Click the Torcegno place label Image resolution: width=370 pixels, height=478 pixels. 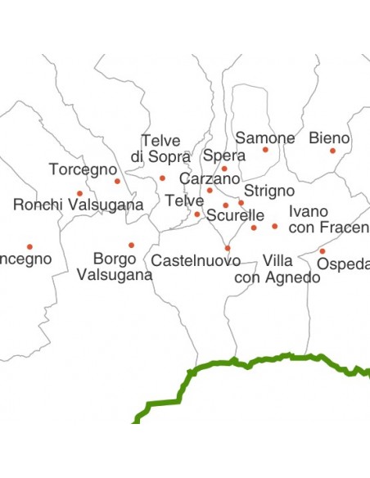(x=83, y=169)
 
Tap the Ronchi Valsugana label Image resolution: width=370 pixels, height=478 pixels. (x=79, y=205)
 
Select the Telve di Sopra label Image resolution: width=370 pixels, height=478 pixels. (x=160, y=148)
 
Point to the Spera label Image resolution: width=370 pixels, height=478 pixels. (x=223, y=156)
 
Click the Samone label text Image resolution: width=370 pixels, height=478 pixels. (x=264, y=138)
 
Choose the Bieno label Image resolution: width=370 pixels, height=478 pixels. (x=329, y=138)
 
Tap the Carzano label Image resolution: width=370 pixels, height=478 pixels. (x=210, y=178)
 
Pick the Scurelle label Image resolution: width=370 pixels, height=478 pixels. (x=236, y=216)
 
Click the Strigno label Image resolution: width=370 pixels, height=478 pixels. (x=264, y=191)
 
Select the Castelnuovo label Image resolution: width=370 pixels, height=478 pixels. (x=196, y=261)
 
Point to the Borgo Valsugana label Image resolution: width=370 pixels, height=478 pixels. (x=115, y=267)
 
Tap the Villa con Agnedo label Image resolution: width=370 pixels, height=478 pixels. (x=277, y=268)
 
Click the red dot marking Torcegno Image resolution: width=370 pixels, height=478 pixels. (x=117, y=181)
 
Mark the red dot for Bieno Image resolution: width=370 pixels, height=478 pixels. (x=332, y=151)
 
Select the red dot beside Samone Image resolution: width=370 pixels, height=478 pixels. (x=265, y=150)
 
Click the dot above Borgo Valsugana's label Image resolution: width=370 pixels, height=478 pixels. (x=131, y=245)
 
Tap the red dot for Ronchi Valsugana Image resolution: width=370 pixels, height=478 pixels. (x=79, y=194)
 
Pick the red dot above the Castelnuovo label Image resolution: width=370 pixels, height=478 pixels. (x=228, y=248)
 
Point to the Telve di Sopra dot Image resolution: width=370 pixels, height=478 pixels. (x=162, y=178)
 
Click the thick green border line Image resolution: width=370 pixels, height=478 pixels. (x=246, y=361)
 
